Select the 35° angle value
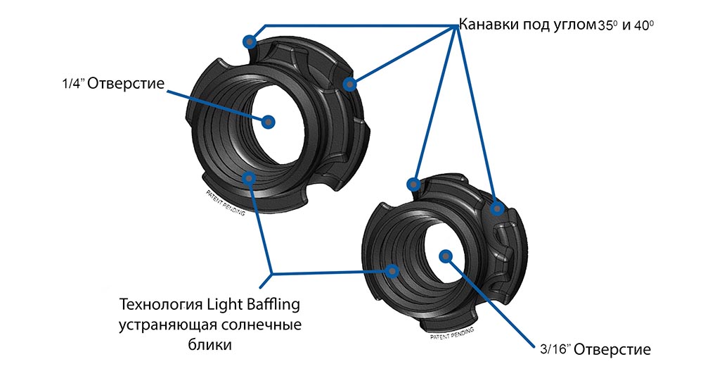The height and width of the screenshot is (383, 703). tap(607, 26)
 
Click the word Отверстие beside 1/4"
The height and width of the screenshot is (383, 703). tap(127, 84)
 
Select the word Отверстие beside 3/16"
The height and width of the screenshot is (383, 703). tap(612, 349)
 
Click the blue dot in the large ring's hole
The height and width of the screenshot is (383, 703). tap(268, 122)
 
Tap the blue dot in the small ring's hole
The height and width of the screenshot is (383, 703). tap(444, 256)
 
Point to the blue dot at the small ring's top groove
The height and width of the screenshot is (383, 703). tap(414, 185)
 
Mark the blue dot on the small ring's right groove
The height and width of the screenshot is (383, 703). tap(496, 209)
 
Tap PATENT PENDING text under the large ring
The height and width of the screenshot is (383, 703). tap(225, 203)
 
